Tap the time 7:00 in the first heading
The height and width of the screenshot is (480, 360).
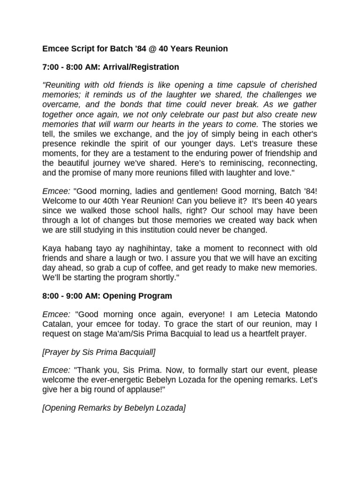[x=51, y=67]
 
